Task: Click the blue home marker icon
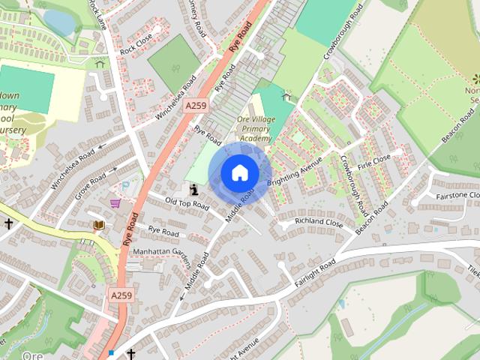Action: point(238,173)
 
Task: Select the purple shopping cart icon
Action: point(115,203)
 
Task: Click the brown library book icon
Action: point(97,224)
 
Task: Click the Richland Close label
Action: point(319,223)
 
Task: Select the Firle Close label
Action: point(374,160)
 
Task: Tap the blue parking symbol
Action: point(126,184)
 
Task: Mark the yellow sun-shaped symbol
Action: point(475,79)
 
